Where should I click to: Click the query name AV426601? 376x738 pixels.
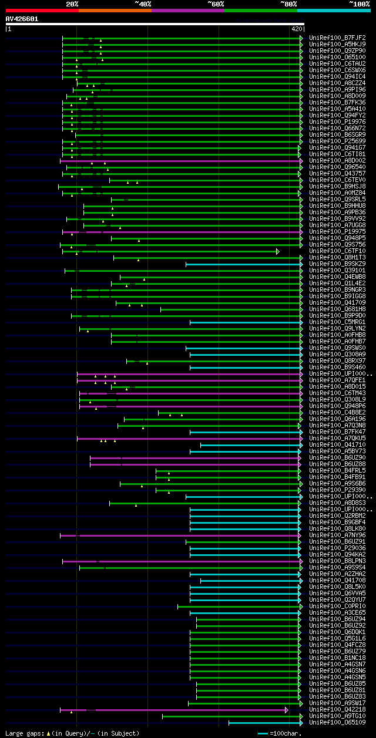(x=22, y=19)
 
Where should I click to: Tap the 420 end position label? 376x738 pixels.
(x=296, y=29)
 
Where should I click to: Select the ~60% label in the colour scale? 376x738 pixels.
(x=216, y=4)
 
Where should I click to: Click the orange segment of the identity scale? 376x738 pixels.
(x=115, y=10)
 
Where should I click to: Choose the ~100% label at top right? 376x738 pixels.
(x=359, y=4)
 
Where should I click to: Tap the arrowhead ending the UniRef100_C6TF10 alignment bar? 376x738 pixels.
(x=278, y=251)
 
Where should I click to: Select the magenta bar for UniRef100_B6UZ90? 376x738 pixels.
(x=194, y=458)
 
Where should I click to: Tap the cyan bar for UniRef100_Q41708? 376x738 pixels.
(x=250, y=581)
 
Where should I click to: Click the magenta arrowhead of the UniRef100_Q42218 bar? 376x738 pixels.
(x=287, y=710)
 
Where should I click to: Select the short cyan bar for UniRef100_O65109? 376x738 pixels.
(x=264, y=723)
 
